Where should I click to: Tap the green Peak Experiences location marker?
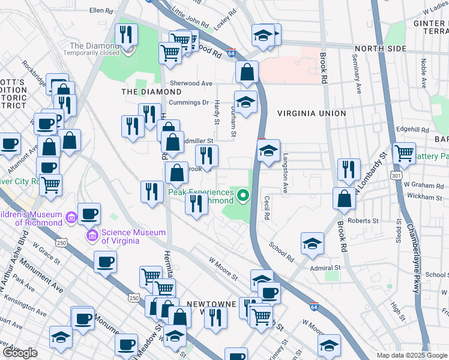point(243,194)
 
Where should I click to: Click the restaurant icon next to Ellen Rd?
point(126,34)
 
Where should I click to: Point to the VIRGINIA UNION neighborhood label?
point(312,113)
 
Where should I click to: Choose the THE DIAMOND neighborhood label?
point(151,92)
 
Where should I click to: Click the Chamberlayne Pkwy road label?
point(412,259)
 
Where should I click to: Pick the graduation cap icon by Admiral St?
point(312,243)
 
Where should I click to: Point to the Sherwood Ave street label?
point(191,83)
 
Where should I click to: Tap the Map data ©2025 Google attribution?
point(411,355)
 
